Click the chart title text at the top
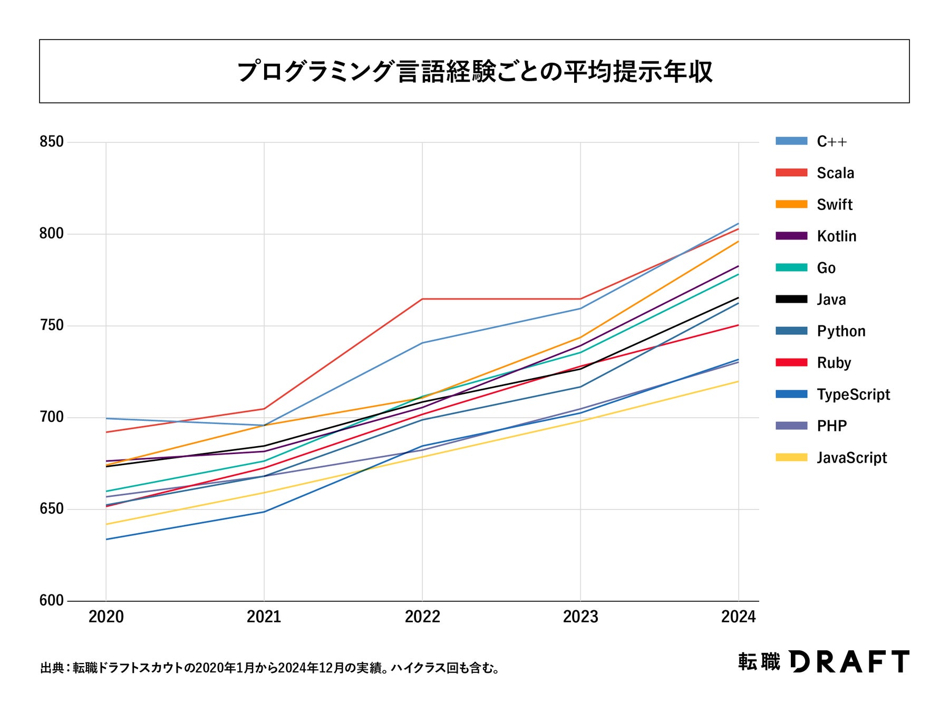click(x=475, y=72)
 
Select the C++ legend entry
click(x=831, y=141)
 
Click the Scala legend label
click(x=835, y=173)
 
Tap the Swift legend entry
click(x=834, y=205)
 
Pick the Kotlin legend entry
click(x=836, y=236)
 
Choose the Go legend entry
click(x=826, y=268)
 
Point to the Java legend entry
click(x=831, y=300)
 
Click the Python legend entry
click(x=841, y=331)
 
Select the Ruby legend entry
click(x=834, y=363)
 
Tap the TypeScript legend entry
click(x=853, y=395)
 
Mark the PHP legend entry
click(x=831, y=426)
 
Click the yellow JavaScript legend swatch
click(x=791, y=457)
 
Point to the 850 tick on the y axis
click(x=51, y=142)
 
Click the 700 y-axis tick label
click(x=51, y=417)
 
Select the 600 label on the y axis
click(x=51, y=601)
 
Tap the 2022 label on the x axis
click(x=422, y=617)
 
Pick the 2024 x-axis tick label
click(x=738, y=617)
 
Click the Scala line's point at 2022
click(x=422, y=299)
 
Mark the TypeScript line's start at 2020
click(x=106, y=539)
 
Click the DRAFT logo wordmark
click(x=849, y=661)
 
